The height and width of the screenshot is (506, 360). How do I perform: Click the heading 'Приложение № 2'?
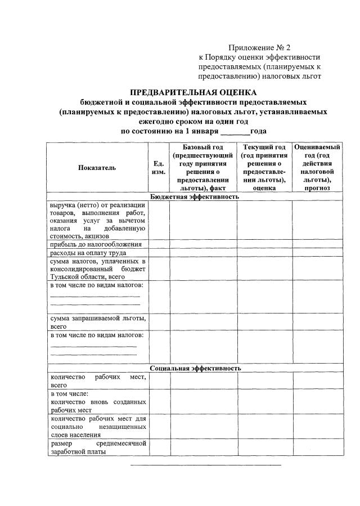coord(260,47)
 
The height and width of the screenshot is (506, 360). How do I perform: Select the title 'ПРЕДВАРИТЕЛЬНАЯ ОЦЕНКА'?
coord(193,92)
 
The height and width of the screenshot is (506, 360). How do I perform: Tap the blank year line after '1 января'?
coord(235,131)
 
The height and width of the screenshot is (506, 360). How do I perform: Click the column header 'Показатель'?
coord(97,168)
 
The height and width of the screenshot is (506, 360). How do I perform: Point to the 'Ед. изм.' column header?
coord(159,168)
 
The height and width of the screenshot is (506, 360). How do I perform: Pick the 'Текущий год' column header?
coord(264,168)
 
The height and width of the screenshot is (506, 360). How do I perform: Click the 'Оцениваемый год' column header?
coord(317,168)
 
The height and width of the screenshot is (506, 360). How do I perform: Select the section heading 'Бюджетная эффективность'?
coord(195,196)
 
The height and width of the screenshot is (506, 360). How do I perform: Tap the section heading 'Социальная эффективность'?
coord(195,368)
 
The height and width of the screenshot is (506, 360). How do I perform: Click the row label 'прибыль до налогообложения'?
coord(97,244)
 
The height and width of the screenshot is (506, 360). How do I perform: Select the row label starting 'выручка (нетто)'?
coord(97,221)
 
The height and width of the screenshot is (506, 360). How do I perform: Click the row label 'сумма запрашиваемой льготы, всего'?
coord(97,322)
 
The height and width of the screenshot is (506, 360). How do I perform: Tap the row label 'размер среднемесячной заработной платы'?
coord(97,447)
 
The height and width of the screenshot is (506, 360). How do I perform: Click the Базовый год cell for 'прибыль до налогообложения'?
coord(203,244)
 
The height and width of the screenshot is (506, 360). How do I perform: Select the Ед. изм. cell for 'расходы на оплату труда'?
coord(159,253)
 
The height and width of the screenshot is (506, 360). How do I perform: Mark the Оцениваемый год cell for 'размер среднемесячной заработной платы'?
coord(317,447)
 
